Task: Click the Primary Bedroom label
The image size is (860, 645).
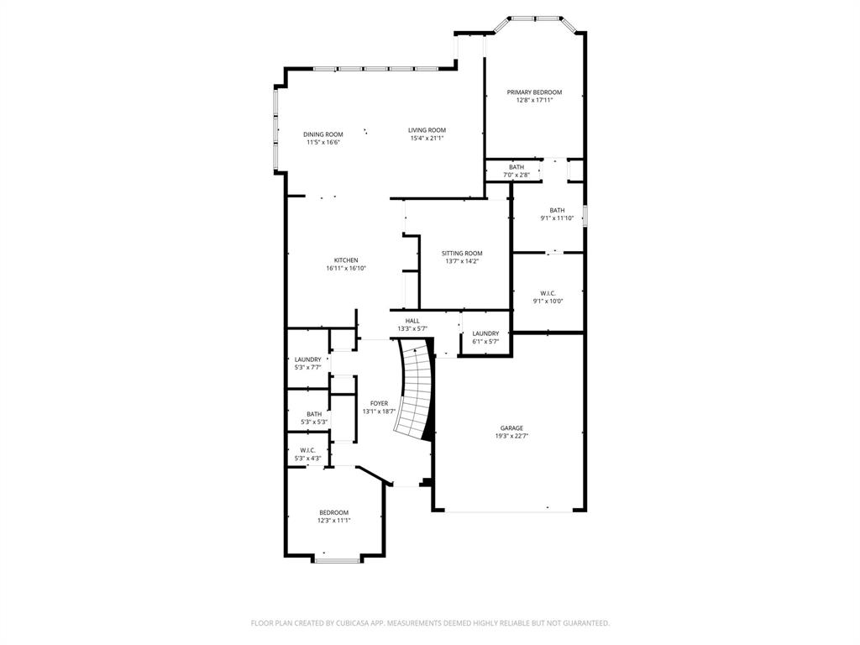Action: (534, 92)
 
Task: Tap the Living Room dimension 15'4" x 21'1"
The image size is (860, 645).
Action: (427, 139)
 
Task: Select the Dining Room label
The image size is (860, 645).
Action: (323, 134)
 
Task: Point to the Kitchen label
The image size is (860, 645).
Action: (346, 260)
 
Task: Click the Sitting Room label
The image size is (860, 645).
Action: (462, 254)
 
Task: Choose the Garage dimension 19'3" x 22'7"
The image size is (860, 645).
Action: (511, 437)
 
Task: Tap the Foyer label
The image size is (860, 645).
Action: (379, 404)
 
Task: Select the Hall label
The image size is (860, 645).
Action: (412, 321)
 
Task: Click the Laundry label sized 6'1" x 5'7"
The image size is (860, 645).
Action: (485, 333)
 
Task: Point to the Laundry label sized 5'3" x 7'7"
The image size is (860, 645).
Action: (307, 359)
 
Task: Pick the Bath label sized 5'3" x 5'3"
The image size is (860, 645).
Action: (313, 414)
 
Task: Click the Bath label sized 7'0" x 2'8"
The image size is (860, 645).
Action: (517, 167)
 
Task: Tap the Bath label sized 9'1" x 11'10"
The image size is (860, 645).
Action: (557, 211)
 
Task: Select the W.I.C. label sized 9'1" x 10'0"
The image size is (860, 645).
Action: (548, 293)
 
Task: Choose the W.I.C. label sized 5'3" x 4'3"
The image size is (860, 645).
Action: (307, 450)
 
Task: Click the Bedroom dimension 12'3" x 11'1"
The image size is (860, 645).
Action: (333, 521)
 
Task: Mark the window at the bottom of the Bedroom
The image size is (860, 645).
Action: (338, 559)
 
